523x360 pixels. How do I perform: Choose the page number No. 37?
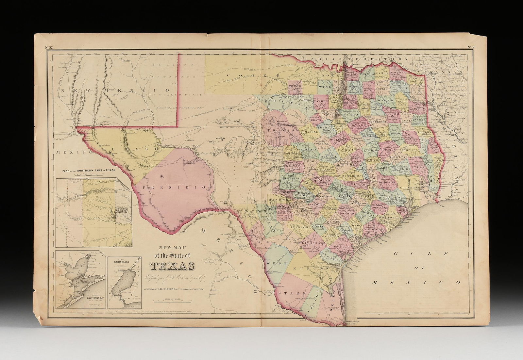pyautogui.click(x=49, y=48)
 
